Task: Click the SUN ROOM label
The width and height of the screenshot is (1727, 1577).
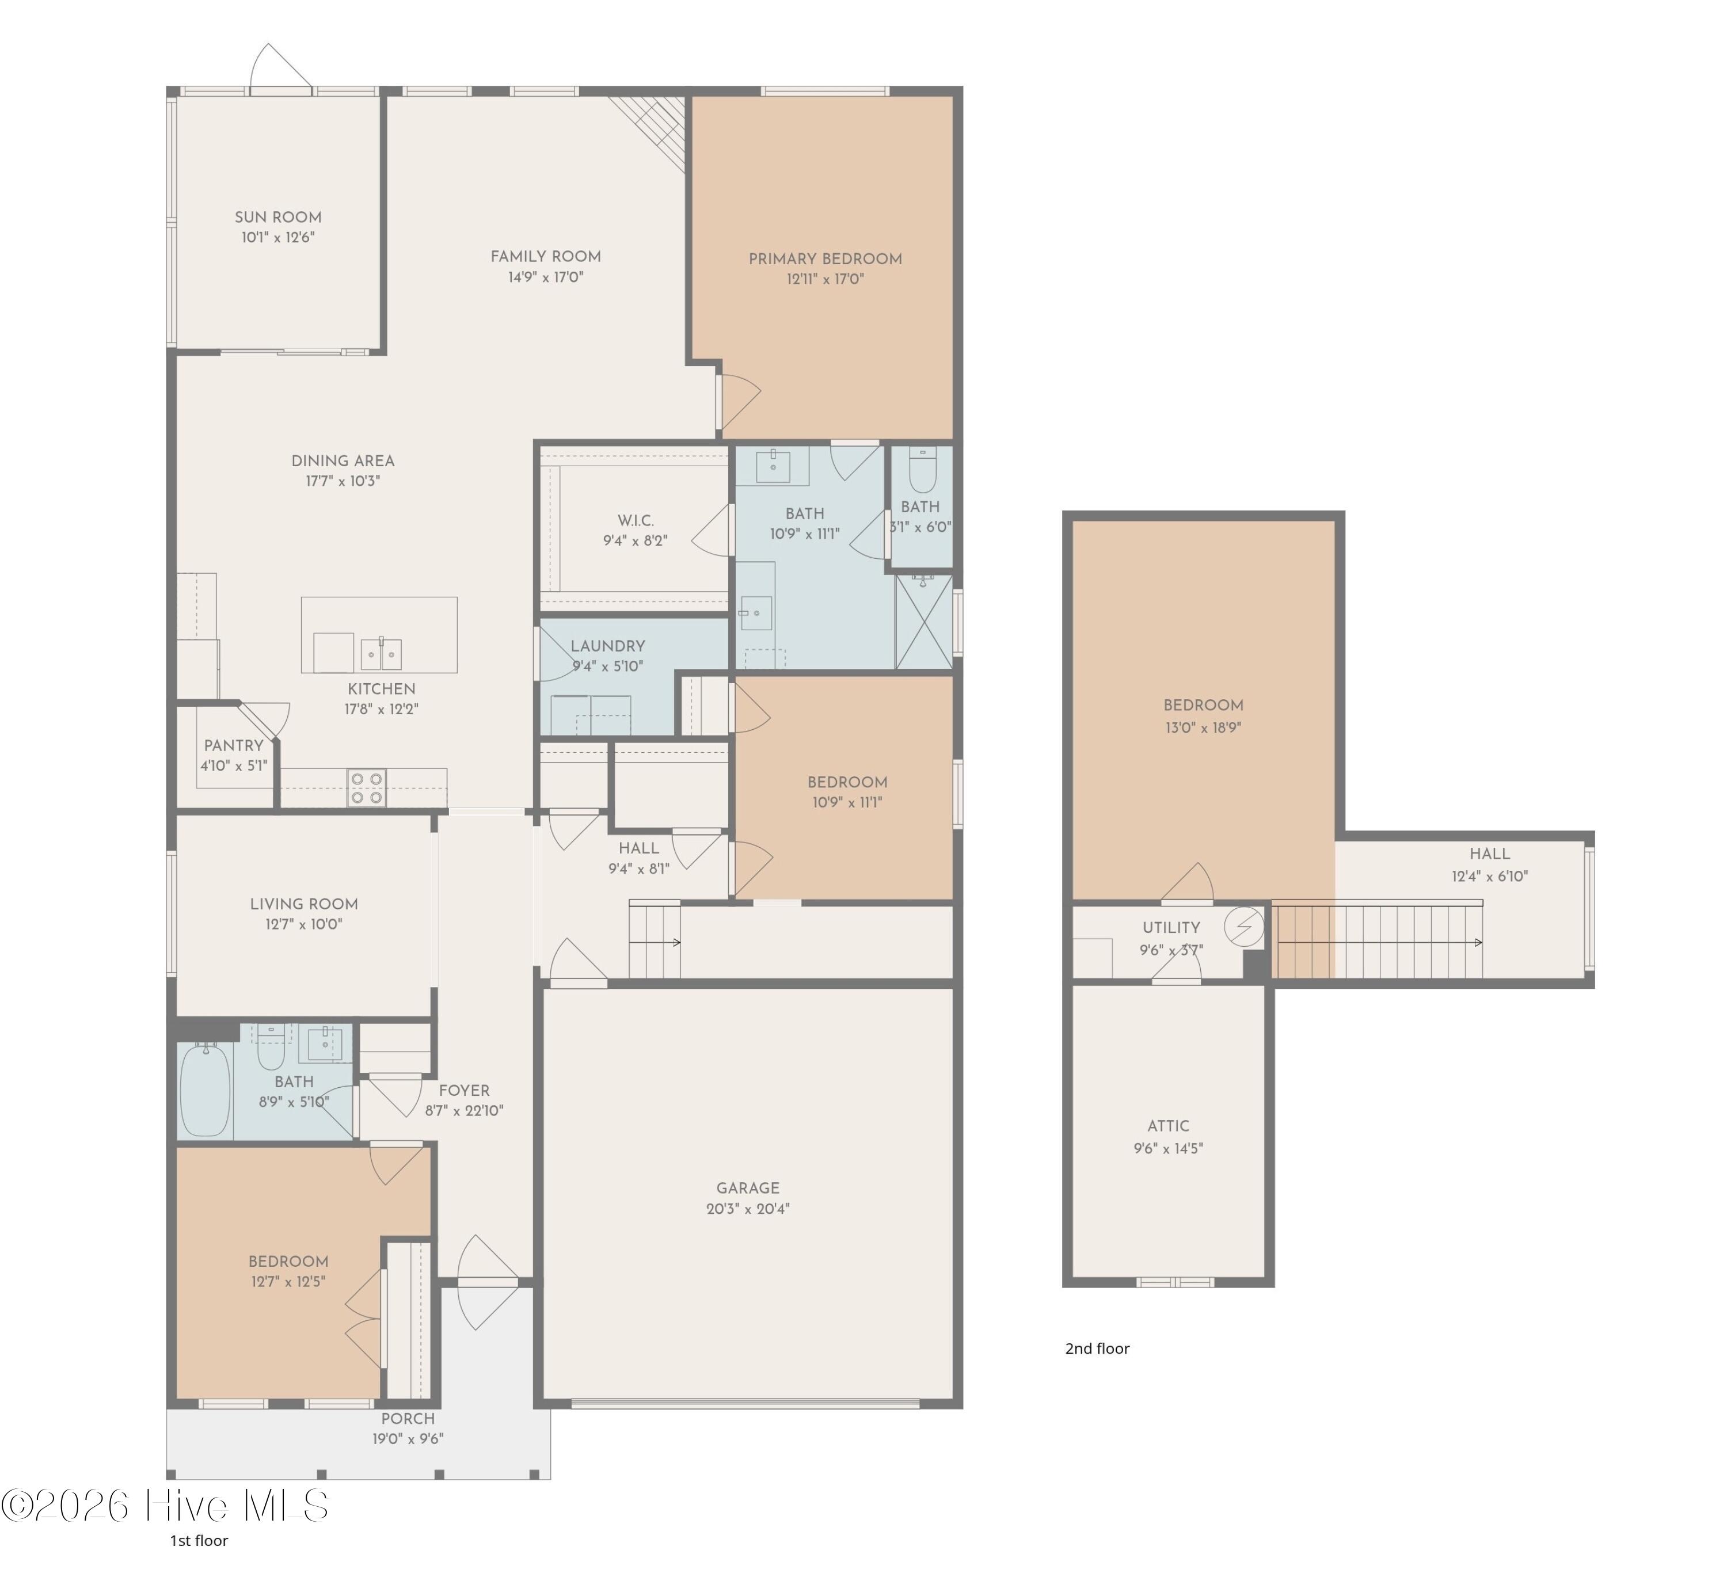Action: [x=279, y=218]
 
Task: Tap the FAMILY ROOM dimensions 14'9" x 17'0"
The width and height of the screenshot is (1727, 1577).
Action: [x=546, y=277]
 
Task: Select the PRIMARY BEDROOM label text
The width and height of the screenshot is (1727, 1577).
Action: [x=825, y=258]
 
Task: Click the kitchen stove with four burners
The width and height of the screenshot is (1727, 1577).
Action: [x=366, y=788]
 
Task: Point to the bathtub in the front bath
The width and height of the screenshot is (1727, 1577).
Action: [x=206, y=1091]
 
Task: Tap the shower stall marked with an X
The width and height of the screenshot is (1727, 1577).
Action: [x=925, y=622]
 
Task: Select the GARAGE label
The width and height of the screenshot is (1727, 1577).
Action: [x=748, y=1188]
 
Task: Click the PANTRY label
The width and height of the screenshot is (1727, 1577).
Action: [x=234, y=746]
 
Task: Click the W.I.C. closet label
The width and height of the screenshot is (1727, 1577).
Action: [x=636, y=521]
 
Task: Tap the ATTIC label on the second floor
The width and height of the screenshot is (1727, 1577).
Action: [x=1169, y=1126]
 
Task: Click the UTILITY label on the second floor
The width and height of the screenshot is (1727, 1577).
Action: [x=1171, y=928]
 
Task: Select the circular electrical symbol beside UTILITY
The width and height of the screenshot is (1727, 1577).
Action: [x=1244, y=926]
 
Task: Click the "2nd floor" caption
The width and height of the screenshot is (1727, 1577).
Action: [x=1097, y=1349]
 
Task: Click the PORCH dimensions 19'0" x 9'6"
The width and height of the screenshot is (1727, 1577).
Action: [x=408, y=1439]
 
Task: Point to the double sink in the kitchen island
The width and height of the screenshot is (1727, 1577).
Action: [x=381, y=654]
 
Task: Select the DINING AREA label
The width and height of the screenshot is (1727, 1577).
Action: [x=343, y=461]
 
